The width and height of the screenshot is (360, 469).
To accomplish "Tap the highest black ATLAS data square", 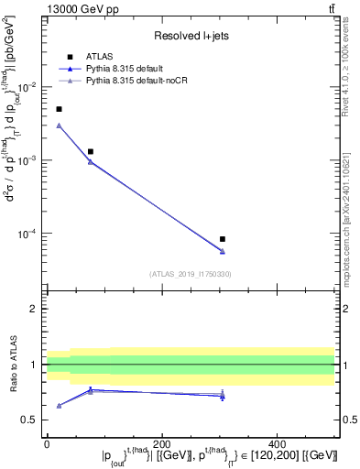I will (x=59, y=109).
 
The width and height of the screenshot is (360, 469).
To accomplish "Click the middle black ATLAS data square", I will (x=90, y=151).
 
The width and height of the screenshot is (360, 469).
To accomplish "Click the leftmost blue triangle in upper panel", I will (x=59, y=125).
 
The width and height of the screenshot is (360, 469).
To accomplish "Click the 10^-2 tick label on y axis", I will (x=30, y=87).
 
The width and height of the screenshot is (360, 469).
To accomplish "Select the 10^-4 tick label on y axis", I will (x=30, y=234).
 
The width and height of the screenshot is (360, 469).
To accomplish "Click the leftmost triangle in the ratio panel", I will (x=59, y=405).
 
